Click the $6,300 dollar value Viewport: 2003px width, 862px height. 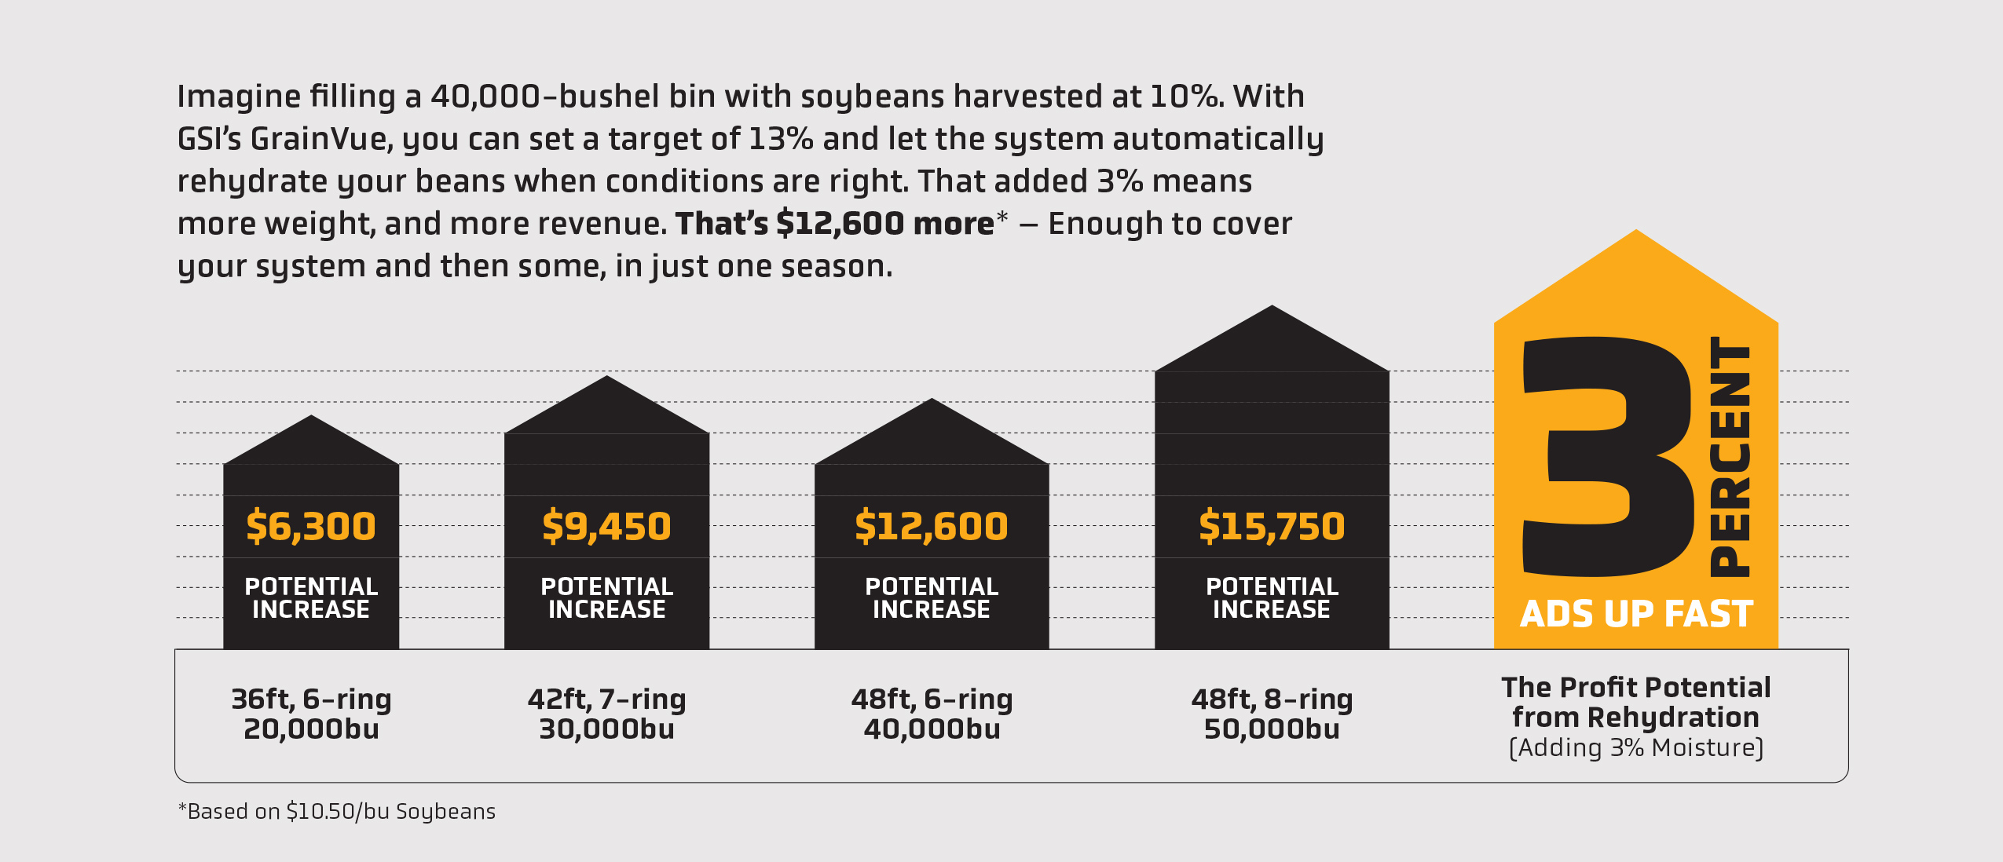click(x=311, y=526)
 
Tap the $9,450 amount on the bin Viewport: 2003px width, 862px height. click(x=606, y=526)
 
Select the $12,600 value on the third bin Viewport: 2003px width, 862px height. click(x=931, y=526)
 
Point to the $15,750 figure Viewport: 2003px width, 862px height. click(x=1272, y=526)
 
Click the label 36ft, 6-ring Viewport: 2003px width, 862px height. click(x=311, y=699)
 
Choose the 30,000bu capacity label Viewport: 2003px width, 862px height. click(x=606, y=729)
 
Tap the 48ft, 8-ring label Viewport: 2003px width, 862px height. click(x=1272, y=699)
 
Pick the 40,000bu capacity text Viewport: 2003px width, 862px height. click(x=932, y=729)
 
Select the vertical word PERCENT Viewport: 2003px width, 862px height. click(x=1730, y=457)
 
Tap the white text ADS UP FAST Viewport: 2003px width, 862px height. click(x=1636, y=614)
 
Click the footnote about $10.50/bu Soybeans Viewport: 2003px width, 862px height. click(x=337, y=811)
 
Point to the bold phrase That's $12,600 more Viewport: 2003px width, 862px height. click(x=834, y=224)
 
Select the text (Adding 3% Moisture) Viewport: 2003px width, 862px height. click(x=1636, y=747)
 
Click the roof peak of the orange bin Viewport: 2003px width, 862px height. click(x=1636, y=233)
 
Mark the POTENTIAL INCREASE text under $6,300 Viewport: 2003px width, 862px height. click(x=311, y=597)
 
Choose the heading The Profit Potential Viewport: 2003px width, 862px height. click(x=1636, y=688)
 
